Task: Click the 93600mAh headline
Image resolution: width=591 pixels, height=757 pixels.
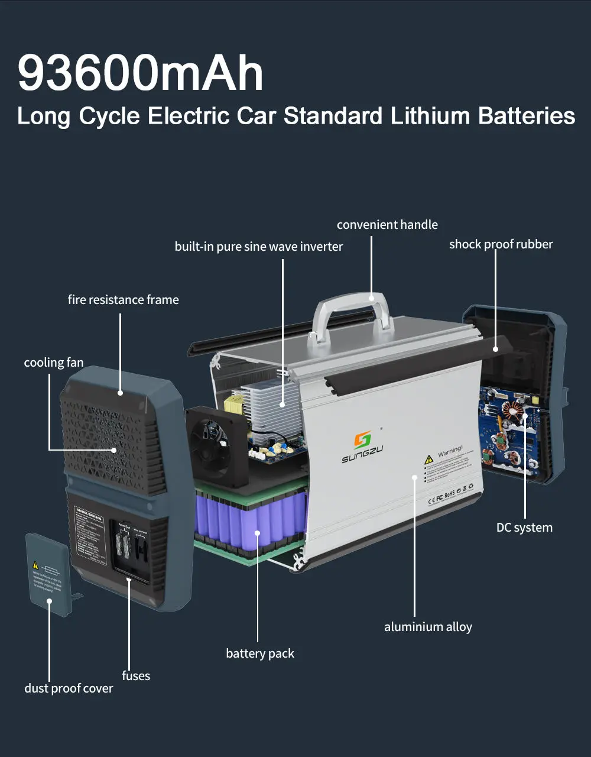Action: (141, 73)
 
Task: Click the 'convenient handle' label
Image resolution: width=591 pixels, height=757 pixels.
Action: (387, 225)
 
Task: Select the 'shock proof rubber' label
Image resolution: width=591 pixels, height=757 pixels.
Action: (501, 244)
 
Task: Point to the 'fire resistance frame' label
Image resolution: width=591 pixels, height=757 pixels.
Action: (123, 300)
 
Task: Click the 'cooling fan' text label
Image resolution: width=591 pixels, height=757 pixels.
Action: (54, 363)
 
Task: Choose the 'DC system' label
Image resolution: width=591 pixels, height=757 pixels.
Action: (524, 528)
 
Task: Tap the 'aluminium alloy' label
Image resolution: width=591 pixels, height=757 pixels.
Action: (428, 627)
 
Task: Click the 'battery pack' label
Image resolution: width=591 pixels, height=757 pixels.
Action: (260, 654)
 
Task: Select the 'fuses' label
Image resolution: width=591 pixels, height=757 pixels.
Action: (136, 676)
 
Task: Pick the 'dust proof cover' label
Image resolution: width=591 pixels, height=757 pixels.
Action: (69, 688)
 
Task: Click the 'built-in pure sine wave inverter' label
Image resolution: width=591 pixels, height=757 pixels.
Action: (259, 247)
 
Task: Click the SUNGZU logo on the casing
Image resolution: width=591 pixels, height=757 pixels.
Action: (362, 447)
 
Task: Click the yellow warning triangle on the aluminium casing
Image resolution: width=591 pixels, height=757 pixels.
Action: (429, 460)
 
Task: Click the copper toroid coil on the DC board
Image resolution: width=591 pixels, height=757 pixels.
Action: (512, 410)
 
